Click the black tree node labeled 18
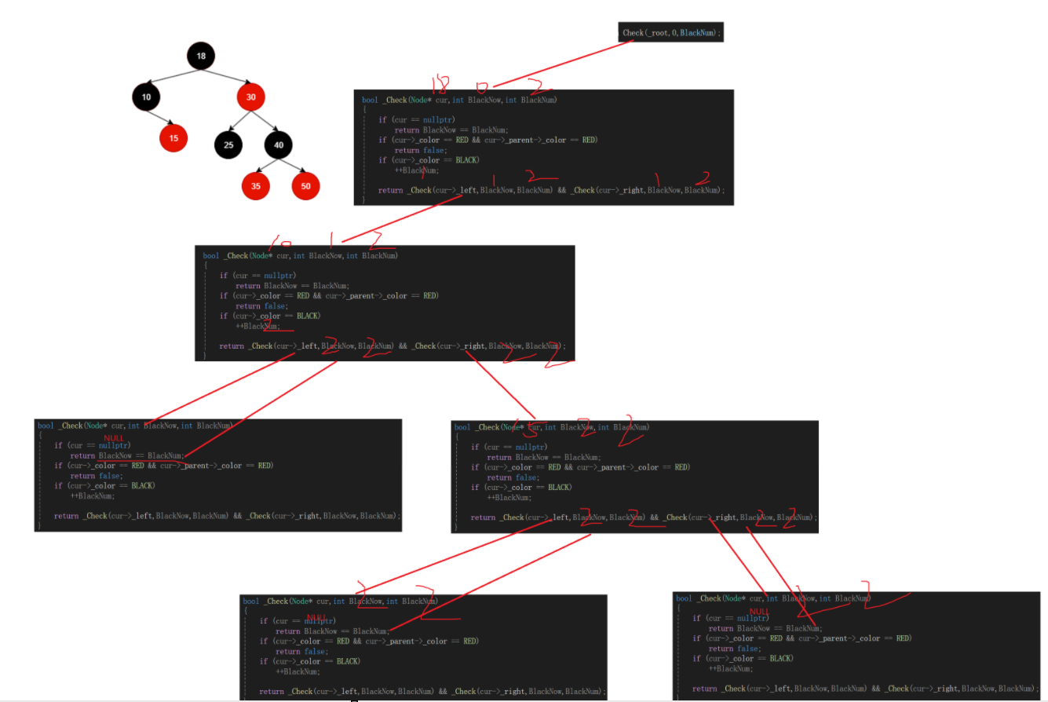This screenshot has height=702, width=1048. [202, 56]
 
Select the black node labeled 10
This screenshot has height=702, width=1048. [146, 97]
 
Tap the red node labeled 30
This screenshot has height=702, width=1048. [251, 97]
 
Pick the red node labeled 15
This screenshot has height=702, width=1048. [173, 137]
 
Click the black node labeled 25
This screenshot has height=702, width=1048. [228, 144]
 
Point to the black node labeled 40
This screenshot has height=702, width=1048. [279, 144]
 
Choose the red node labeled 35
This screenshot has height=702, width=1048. [256, 185]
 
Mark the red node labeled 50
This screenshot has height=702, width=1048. [305, 185]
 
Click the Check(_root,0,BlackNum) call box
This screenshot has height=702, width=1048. [671, 32]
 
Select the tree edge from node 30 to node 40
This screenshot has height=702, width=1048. [265, 121]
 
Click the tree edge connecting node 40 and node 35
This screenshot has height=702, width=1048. [267, 165]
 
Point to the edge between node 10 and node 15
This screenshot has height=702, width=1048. [160, 117]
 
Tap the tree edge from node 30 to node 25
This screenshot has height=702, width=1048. [239, 121]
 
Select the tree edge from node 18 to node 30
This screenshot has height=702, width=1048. [227, 76]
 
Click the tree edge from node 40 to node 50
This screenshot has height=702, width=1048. [292, 165]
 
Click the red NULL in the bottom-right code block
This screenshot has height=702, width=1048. [759, 612]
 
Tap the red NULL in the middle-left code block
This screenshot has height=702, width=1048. [115, 438]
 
